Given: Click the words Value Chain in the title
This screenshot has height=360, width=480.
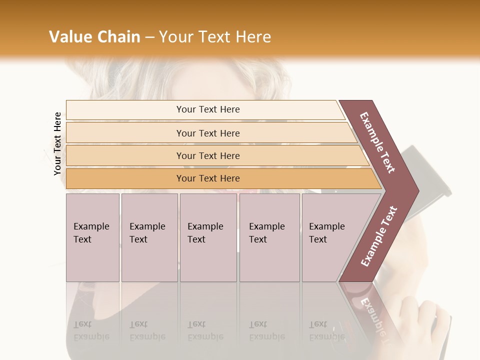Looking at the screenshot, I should [x=94, y=37].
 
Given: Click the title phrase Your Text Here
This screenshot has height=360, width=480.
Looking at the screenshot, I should [x=215, y=37].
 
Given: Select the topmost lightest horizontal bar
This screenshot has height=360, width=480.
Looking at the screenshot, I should [x=205, y=109].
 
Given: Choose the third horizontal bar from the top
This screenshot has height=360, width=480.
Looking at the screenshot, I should [x=215, y=155].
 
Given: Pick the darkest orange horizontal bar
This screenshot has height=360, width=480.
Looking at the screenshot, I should [x=220, y=178].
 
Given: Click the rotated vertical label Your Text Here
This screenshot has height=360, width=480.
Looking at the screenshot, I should [x=57, y=144].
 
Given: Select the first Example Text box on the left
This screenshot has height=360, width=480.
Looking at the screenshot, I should [x=92, y=237].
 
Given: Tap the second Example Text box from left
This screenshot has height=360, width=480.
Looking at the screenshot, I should [x=149, y=237].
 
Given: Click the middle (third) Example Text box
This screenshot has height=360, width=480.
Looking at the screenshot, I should [x=208, y=237].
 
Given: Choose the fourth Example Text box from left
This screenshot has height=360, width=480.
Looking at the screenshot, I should [x=269, y=237].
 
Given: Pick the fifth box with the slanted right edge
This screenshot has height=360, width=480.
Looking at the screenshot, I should [x=330, y=237].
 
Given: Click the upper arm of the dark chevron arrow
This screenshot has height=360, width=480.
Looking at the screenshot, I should [x=378, y=142].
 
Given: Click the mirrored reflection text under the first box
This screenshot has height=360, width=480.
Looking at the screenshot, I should [x=91, y=330].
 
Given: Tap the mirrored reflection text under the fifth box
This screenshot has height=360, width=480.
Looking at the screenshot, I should [x=326, y=330].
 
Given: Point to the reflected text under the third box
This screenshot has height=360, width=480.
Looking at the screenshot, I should [x=205, y=330].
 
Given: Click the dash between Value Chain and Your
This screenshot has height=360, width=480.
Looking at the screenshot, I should [x=149, y=37].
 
